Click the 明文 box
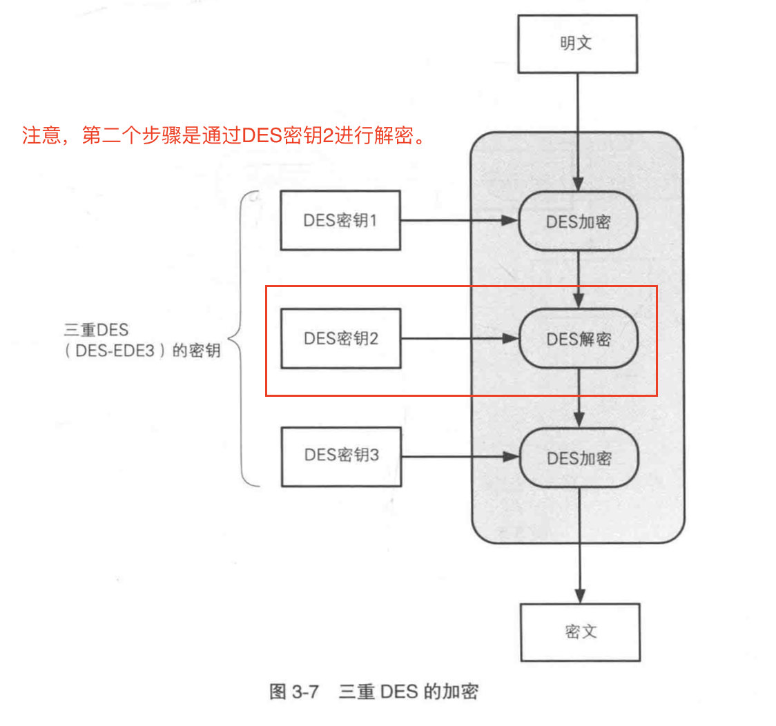click(577, 43)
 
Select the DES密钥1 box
click(340, 221)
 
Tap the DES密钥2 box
click(340, 339)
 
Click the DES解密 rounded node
click(579, 339)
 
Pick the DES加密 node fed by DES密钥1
click(579, 221)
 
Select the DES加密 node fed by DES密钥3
click(579, 457)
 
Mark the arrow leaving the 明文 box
click(578, 131)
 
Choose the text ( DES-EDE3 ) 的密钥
click(139, 351)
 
